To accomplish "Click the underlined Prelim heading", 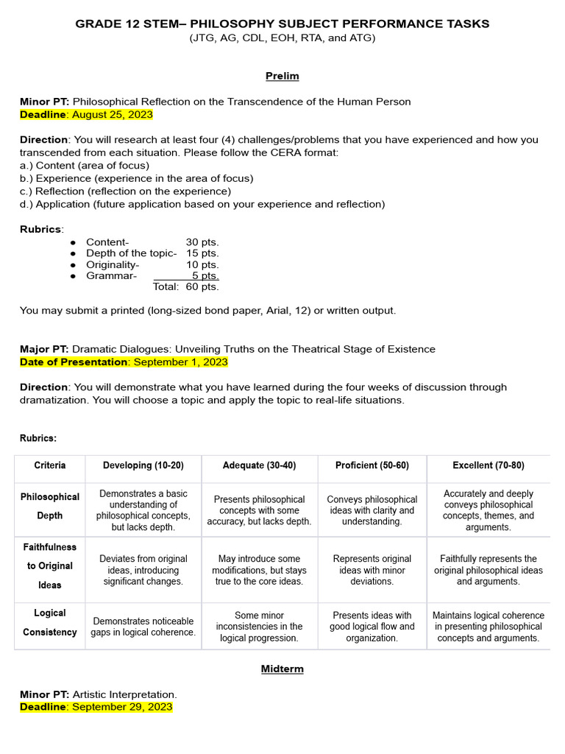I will point(282,76).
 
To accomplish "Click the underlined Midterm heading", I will point(282,669).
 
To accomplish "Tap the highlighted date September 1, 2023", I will point(180,362).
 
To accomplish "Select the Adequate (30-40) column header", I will point(259,465).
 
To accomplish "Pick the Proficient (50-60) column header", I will point(372,465).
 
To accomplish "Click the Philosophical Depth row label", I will point(50,506).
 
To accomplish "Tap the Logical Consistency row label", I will point(50,622).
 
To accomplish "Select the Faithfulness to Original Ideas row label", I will point(50,566).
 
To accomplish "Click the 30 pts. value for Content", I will point(202,242).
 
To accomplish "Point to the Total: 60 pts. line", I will point(185,287).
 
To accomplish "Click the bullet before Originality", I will point(72,265).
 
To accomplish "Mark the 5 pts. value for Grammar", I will point(205,276).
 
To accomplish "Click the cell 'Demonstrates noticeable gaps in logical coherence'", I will point(143,627).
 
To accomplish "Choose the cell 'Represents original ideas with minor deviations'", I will point(372,570).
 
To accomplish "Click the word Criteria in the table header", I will point(50,465).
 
